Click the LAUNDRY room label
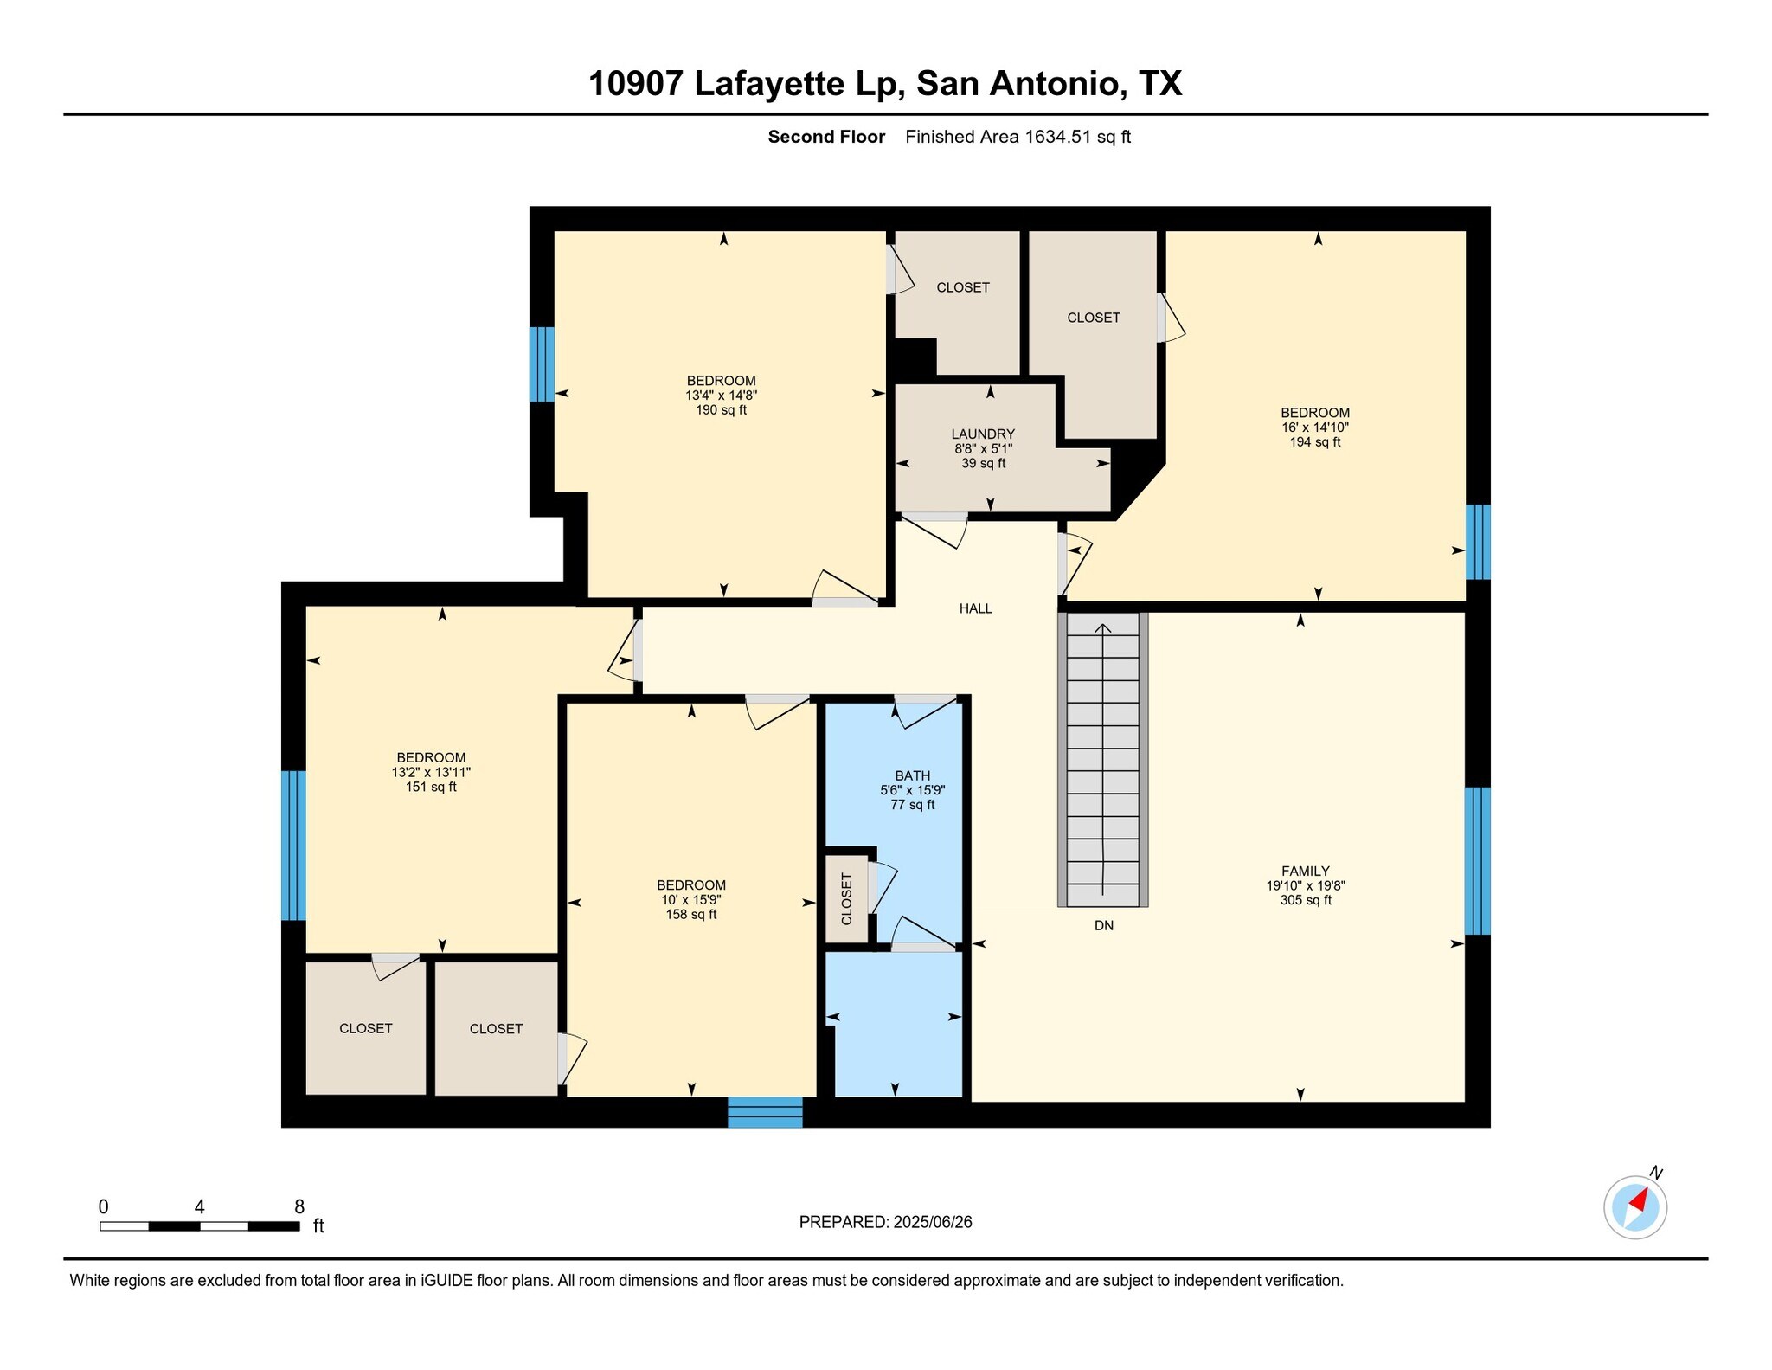coord(983,434)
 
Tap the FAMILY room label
coord(1306,872)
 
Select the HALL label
coord(975,608)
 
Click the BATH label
coord(913,776)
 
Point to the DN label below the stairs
coord(1104,925)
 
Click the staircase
coord(1103,759)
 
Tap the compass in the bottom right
coord(1635,1206)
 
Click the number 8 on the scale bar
coord(299,1207)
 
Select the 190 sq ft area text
coord(721,410)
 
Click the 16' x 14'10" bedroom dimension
coord(1315,428)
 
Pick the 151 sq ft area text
coord(431,788)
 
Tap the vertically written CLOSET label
coord(846,898)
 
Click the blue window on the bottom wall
coord(765,1112)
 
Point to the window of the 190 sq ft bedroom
coord(542,364)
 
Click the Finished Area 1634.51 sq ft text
coord(1018,137)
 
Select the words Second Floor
coord(826,137)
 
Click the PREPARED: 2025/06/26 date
coord(885,1222)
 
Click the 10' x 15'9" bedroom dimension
coord(690,900)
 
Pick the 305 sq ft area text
coord(1306,901)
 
